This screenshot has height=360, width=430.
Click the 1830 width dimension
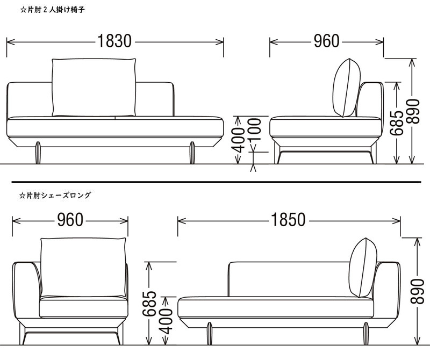point(114,41)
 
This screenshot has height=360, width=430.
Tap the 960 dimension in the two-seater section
point(327,41)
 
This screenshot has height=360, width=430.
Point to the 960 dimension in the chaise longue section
point(70,220)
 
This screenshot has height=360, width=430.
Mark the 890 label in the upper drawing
point(413,110)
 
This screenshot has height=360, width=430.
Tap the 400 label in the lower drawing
point(167,321)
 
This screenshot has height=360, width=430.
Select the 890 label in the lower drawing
point(418,292)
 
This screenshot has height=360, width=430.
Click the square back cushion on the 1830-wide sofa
point(94,87)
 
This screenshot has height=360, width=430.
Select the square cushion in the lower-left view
point(83,267)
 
